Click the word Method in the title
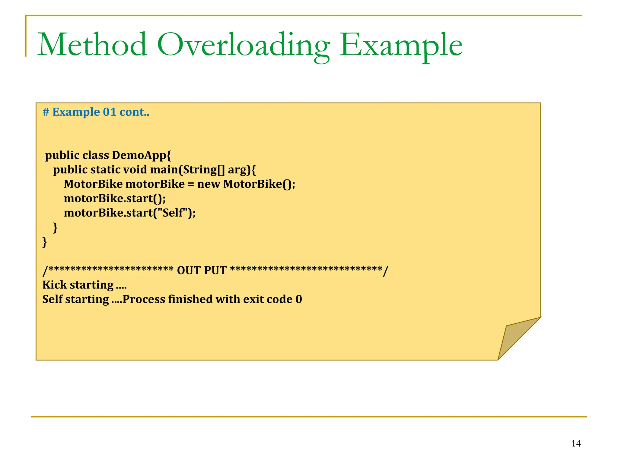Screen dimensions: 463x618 (92, 45)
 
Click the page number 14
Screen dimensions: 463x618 (576, 443)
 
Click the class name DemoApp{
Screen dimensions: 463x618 (141, 155)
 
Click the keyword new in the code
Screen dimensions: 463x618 (209, 184)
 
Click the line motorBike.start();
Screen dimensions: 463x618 (115, 199)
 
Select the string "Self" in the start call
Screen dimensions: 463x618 (173, 213)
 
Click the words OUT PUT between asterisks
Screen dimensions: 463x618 (202, 270)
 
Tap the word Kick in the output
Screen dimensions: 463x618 (55, 285)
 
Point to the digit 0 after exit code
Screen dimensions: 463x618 (299, 299)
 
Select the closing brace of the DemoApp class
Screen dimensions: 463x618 (45, 242)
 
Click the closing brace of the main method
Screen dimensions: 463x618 (55, 228)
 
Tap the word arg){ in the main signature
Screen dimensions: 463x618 (242, 170)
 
